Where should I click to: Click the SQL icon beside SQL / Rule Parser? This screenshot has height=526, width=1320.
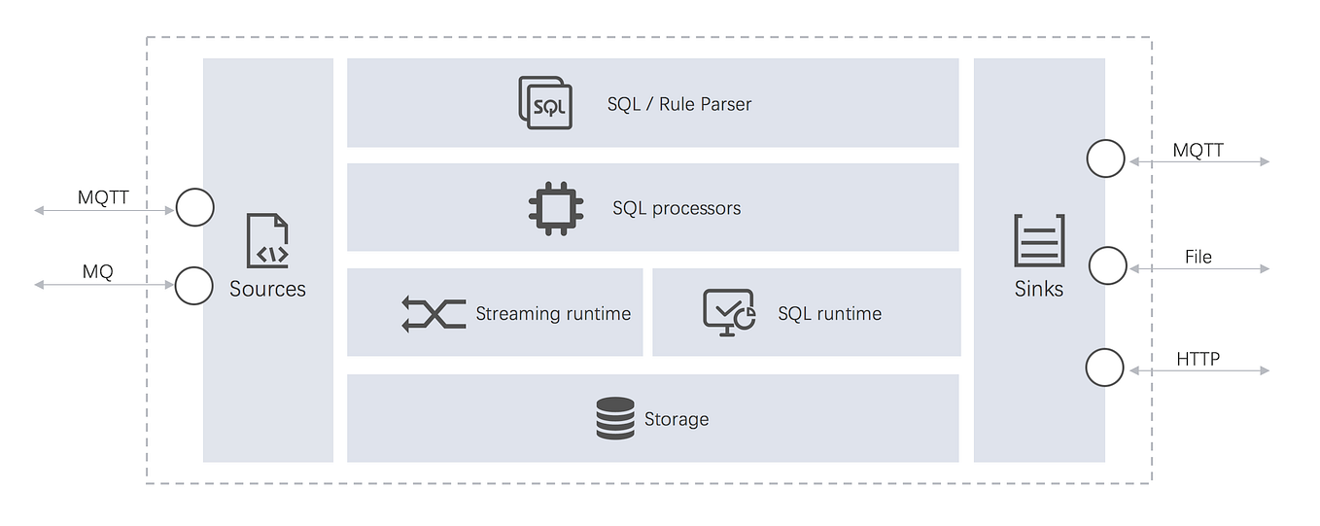[x=545, y=103]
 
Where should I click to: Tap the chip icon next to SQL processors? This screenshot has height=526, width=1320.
[x=556, y=208]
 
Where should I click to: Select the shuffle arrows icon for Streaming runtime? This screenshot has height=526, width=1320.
[x=433, y=314]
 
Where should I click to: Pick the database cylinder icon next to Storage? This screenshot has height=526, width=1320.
[x=615, y=419]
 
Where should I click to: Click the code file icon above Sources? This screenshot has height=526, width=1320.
[x=267, y=241]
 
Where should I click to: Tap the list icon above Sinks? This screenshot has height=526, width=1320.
[x=1039, y=240]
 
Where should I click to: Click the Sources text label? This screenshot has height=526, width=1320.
[x=267, y=289]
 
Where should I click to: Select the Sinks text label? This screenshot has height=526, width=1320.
[x=1039, y=289]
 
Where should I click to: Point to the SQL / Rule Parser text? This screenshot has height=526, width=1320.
[x=679, y=104]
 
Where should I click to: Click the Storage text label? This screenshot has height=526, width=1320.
[x=677, y=419]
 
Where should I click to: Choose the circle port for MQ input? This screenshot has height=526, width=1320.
[x=194, y=285]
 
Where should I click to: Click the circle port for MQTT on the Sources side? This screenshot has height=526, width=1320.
[x=194, y=207]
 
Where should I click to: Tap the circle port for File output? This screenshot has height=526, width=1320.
[x=1107, y=265]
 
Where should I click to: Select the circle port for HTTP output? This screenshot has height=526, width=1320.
[x=1104, y=368]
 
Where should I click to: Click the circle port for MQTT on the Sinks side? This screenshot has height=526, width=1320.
[x=1105, y=158]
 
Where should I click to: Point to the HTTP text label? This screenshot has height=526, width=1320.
[x=1198, y=359]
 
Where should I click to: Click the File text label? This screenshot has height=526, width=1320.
[x=1198, y=257]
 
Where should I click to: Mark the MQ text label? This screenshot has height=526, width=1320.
[x=97, y=272]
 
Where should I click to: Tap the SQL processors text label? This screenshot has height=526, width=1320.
[x=677, y=208]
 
